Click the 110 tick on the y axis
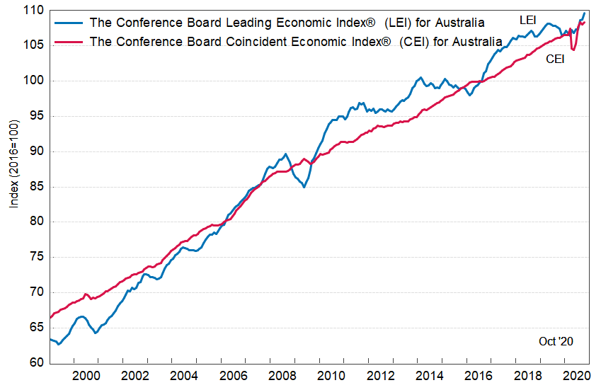(x=35, y=11)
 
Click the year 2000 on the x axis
(x=85, y=376)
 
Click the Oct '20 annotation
(x=556, y=341)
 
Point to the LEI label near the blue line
(x=527, y=21)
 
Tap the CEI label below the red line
(x=554, y=59)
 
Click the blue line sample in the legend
(x=68, y=23)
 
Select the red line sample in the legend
(x=68, y=41)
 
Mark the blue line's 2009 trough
(x=304, y=187)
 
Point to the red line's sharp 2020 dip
(x=573, y=50)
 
